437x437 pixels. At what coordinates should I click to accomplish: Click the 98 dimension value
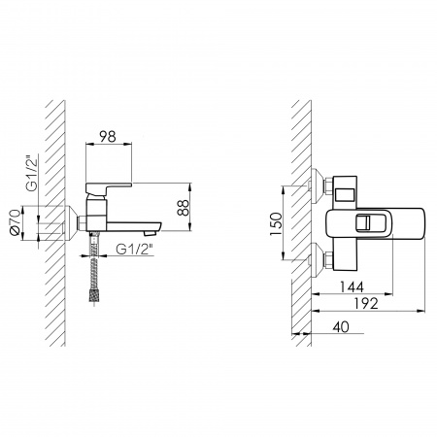pyautogui.click(x=108, y=136)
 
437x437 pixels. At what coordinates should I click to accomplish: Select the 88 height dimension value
pyautogui.click(x=183, y=208)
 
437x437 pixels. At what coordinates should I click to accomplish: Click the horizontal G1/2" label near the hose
pyautogui.click(x=135, y=250)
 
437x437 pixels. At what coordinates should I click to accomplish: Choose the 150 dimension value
pyautogui.click(x=276, y=224)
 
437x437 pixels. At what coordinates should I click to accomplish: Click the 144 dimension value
pyautogui.click(x=352, y=286)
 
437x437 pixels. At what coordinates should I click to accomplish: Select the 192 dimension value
pyautogui.click(x=366, y=303)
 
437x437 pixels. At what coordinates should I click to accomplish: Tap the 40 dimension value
pyautogui.click(x=341, y=326)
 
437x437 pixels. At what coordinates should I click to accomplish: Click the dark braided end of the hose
pyautogui.click(x=93, y=296)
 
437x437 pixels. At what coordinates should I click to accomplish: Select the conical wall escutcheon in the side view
pyautogui.click(x=71, y=223)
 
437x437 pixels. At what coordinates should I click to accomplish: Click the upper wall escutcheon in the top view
pyautogui.click(x=318, y=186)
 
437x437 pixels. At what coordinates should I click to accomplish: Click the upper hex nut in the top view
pyautogui.click(x=328, y=186)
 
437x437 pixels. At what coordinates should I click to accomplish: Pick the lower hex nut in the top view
pyautogui.click(x=328, y=260)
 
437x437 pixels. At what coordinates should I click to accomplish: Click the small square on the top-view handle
pyautogui.click(x=363, y=223)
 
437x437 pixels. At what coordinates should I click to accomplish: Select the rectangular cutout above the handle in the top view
pyautogui.click(x=345, y=195)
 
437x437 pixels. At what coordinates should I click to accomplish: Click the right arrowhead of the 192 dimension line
pyautogui.click(x=421, y=311)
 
